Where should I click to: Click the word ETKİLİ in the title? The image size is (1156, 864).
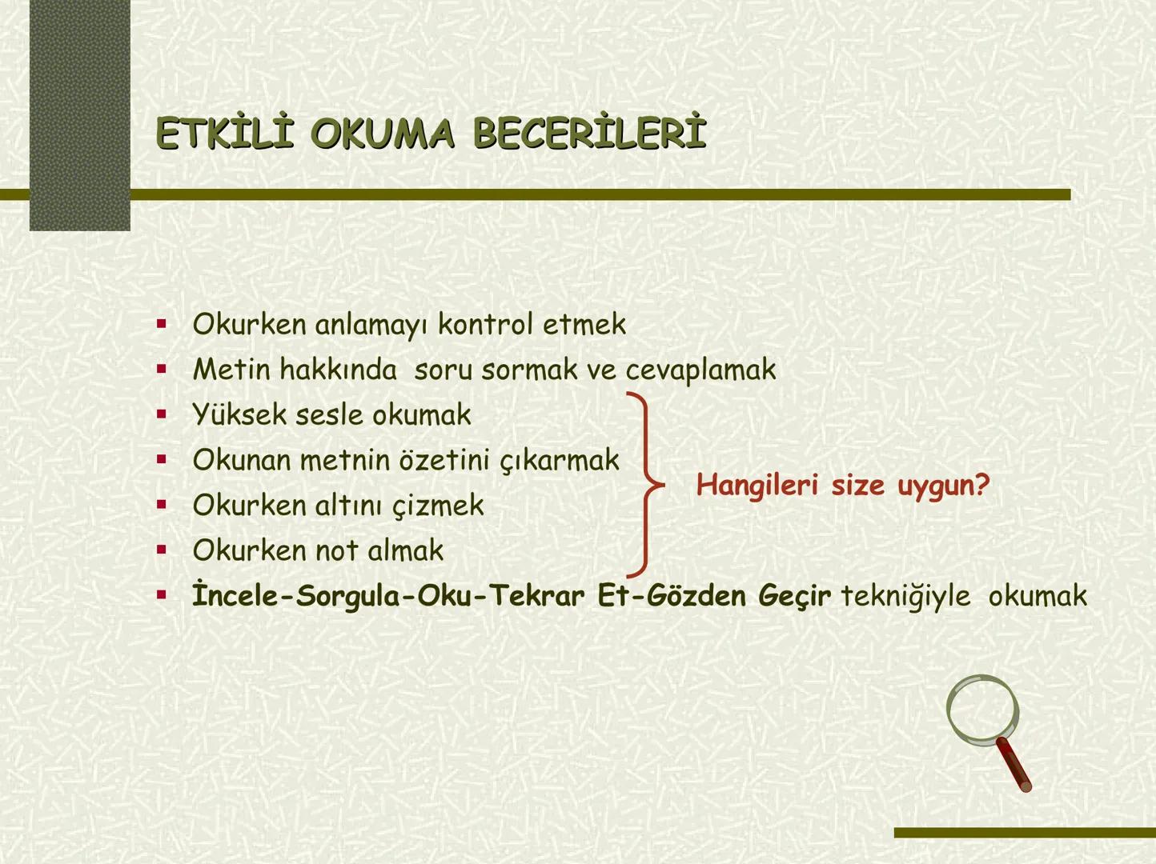(224, 134)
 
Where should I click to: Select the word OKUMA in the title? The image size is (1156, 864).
(383, 134)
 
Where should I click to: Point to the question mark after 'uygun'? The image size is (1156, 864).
(983, 485)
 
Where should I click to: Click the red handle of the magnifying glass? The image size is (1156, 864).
(1014, 765)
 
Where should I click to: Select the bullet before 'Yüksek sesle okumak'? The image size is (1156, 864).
(162, 414)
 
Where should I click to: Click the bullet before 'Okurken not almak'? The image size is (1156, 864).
(162, 550)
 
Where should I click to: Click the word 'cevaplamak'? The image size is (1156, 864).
(700, 370)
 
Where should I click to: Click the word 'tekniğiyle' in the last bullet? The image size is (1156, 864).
(905, 596)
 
